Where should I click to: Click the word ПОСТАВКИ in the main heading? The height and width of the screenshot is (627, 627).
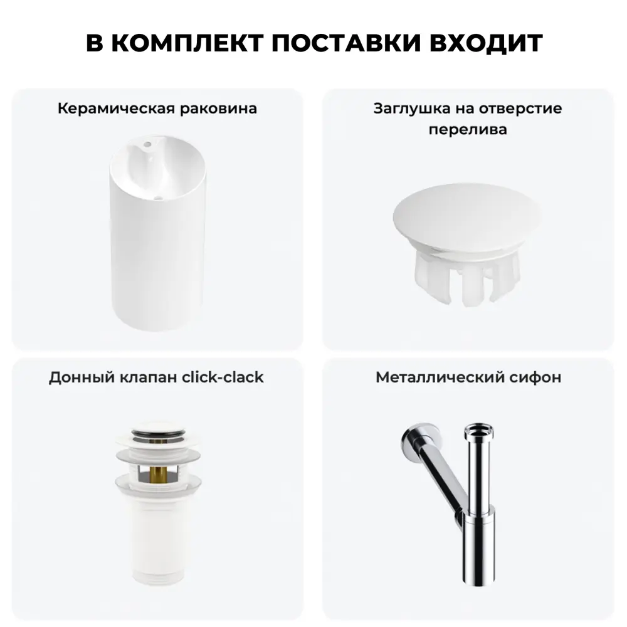(346, 43)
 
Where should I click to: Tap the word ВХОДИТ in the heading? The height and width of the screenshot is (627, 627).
(486, 43)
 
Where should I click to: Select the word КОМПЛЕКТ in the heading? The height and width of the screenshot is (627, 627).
(187, 43)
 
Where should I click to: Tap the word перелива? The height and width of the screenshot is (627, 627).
(468, 130)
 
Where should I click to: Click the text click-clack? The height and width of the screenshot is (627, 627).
(223, 377)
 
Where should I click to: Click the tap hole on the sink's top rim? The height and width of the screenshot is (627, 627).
(147, 144)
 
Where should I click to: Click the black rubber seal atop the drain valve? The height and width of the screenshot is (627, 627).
(159, 431)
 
